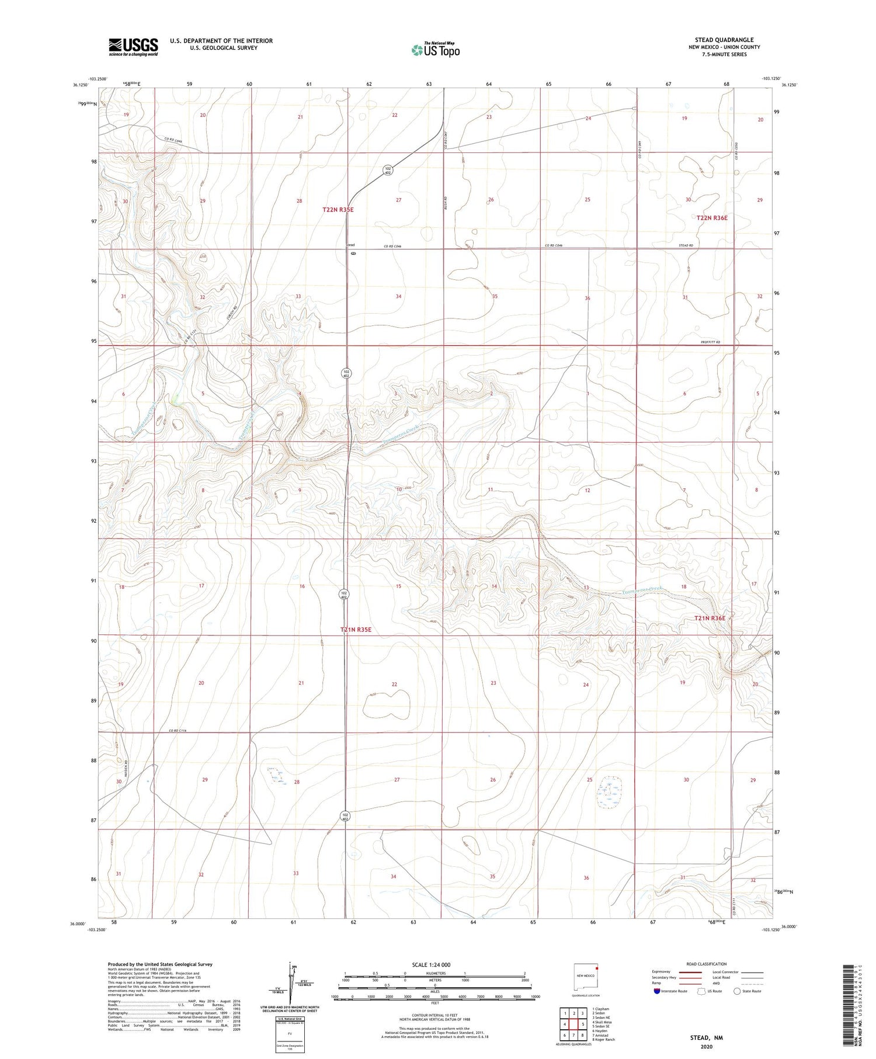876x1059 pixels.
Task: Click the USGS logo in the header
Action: point(133,47)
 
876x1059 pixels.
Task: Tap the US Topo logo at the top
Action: point(435,50)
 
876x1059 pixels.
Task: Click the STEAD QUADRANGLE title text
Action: point(724,40)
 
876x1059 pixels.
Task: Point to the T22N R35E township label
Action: point(338,210)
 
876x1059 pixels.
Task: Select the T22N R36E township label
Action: point(712,218)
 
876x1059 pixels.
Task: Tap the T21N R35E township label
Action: point(356,630)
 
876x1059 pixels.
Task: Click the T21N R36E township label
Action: point(710,618)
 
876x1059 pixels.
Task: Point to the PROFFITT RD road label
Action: point(711,342)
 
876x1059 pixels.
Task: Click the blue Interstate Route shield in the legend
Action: point(657,991)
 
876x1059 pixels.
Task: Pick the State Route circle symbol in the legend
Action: point(737,991)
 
